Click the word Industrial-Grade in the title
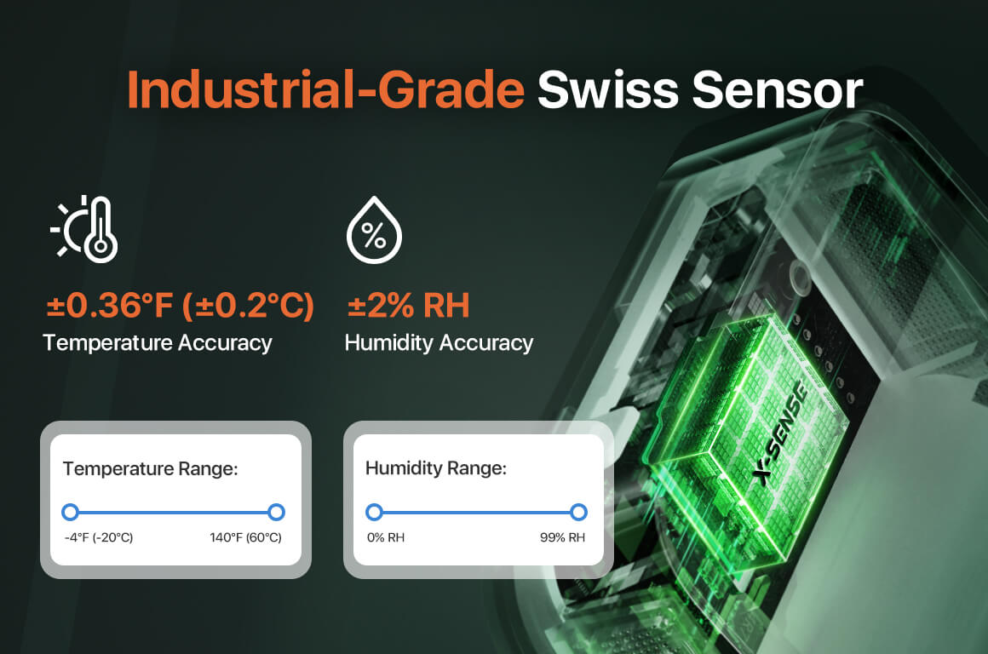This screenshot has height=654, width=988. click(x=325, y=89)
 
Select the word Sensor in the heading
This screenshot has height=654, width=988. click(x=777, y=89)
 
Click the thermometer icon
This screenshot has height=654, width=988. click(x=84, y=229)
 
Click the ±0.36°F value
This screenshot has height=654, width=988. click(x=110, y=306)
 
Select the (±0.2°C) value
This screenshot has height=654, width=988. click(x=248, y=306)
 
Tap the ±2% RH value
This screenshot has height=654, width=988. click(x=408, y=306)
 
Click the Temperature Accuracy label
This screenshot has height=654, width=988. click(x=158, y=343)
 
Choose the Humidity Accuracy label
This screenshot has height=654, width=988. click(x=439, y=343)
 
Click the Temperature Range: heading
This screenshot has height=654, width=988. click(x=151, y=468)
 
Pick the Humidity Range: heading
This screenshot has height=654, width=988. click(x=436, y=468)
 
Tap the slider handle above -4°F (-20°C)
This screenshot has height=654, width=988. click(x=71, y=513)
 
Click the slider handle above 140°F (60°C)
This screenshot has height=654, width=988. click(x=276, y=513)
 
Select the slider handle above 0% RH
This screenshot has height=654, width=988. click(x=374, y=513)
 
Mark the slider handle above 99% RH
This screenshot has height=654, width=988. click(x=578, y=513)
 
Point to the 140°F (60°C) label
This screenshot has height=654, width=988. click(x=246, y=537)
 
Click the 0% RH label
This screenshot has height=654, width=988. click(x=386, y=537)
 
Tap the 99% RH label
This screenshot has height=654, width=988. click(x=562, y=537)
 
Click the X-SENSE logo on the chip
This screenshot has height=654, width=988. click(x=781, y=433)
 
